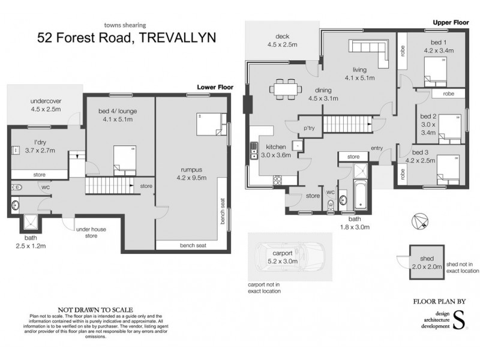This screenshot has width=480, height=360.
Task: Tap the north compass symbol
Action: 419,222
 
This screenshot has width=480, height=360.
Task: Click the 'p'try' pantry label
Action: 309,128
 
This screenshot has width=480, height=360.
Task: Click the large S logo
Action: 458,320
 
